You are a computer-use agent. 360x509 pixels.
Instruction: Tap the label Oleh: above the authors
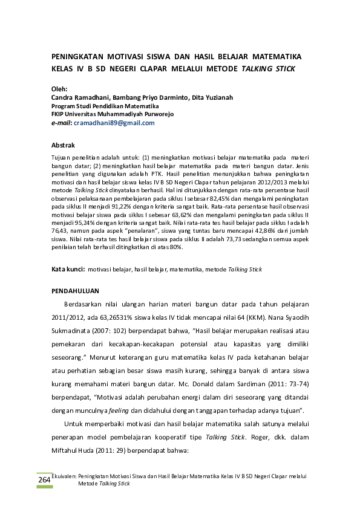coord(59,88)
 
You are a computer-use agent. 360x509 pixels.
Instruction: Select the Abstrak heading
coord(63,146)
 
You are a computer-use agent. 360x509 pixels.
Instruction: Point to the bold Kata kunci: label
coord(67,268)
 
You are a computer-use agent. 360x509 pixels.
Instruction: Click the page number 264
coord(44,480)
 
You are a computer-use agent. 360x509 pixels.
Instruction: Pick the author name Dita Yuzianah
coord(212,97)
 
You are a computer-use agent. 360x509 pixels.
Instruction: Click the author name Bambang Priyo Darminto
coord(151,97)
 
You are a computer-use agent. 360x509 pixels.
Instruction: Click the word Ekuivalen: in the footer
coord(65,476)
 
